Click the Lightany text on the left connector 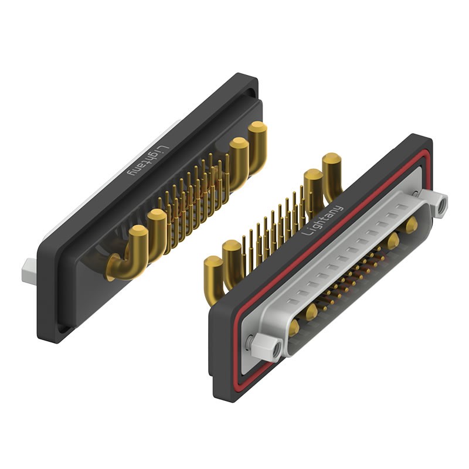point(149,160)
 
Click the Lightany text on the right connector point(322,220)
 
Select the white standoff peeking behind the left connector point(29,270)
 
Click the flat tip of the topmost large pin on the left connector point(257,127)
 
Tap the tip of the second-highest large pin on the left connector point(239,143)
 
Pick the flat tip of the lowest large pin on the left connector point(138,230)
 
